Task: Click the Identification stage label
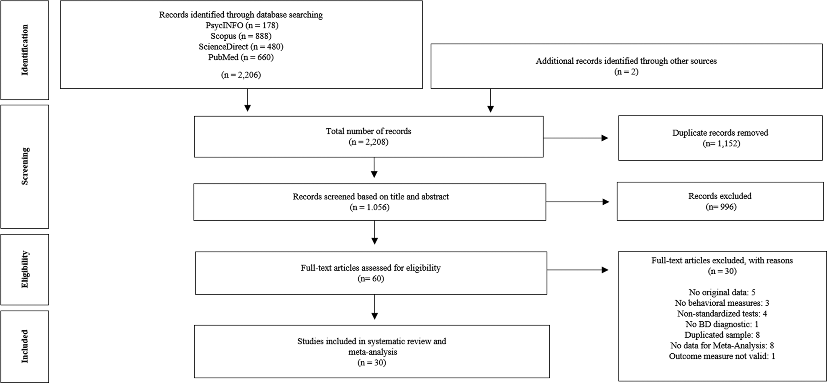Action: pos(25,50)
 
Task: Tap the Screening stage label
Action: pos(25,166)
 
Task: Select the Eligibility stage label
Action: pos(25,269)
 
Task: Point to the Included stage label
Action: pos(25,346)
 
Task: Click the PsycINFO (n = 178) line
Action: pos(241,25)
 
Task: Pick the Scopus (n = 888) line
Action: pos(241,36)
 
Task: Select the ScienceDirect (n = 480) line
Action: pos(241,46)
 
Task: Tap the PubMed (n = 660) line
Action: pos(241,57)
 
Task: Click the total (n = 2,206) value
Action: pos(241,75)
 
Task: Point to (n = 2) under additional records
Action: pos(626,72)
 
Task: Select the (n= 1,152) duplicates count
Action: pos(721,143)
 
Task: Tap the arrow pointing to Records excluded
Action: pos(578,202)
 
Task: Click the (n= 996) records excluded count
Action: pos(721,207)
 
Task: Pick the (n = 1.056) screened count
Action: pos(370,208)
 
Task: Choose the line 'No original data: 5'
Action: pos(722,292)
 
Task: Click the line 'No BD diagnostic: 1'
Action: pos(722,324)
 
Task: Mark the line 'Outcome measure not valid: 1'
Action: pos(722,356)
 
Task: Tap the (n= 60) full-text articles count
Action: pos(370,279)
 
